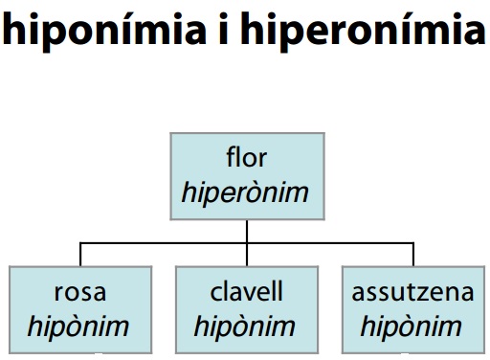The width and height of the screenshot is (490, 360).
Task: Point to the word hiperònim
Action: point(246,192)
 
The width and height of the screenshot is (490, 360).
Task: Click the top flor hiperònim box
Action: point(246,176)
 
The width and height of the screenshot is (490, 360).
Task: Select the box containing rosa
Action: point(79,307)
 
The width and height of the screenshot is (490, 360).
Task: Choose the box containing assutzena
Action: point(412,307)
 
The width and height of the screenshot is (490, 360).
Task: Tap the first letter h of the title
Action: point(14,29)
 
